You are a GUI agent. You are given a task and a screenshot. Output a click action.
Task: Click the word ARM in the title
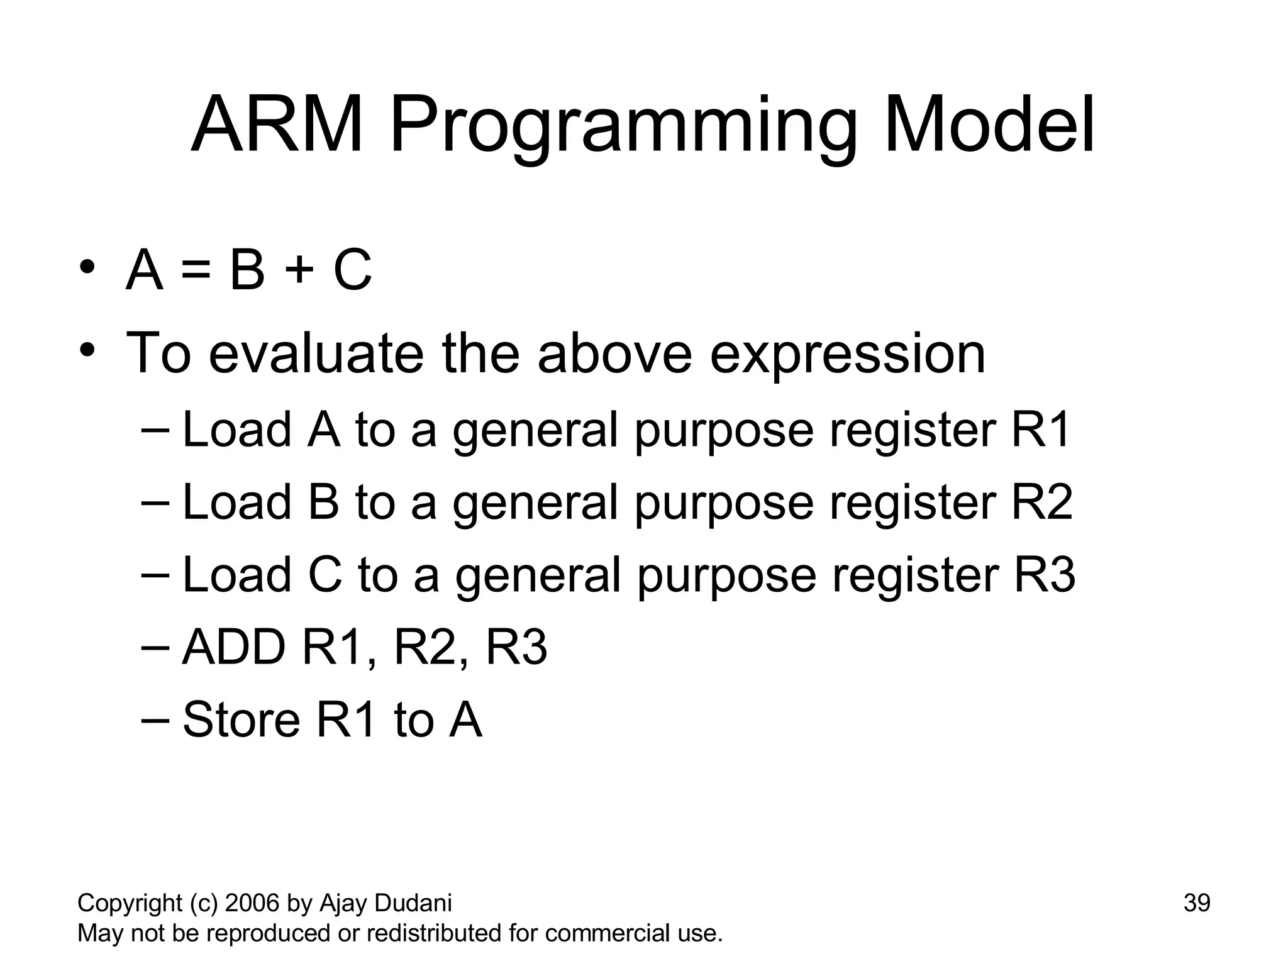[x=277, y=126]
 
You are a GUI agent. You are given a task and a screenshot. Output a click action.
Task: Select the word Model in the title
[x=990, y=126]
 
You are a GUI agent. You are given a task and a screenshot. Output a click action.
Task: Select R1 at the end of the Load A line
[x=1040, y=430]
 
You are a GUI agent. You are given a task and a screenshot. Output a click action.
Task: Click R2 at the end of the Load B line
[x=1041, y=502]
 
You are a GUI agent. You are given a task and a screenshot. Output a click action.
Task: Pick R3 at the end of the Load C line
[x=1044, y=575]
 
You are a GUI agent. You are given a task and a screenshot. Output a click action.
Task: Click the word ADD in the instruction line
[x=233, y=648]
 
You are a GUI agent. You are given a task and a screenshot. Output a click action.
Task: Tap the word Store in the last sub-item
[x=241, y=720]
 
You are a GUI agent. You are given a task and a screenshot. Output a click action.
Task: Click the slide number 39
[x=1197, y=903]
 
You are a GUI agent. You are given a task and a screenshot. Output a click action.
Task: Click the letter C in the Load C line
[x=325, y=575]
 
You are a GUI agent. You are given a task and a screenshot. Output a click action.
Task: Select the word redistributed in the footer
[x=435, y=933]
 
